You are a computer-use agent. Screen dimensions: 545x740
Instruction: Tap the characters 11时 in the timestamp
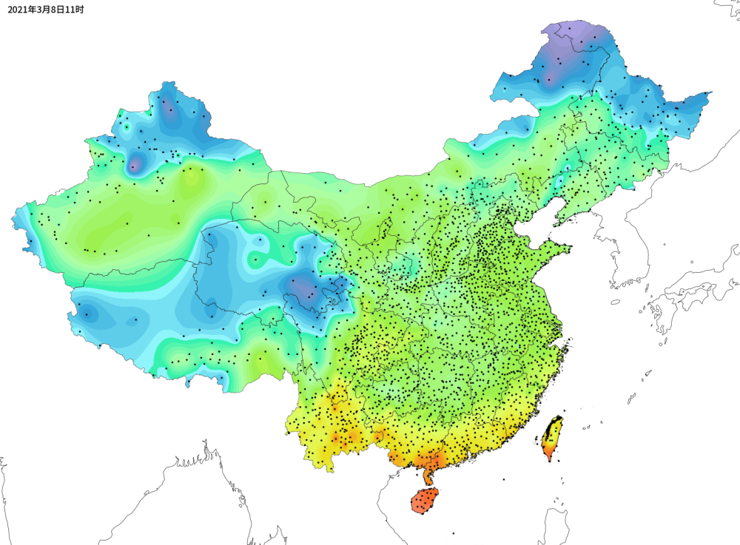74,10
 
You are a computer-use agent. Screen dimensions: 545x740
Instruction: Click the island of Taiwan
552,437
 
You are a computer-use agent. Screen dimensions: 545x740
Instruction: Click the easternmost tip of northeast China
709,95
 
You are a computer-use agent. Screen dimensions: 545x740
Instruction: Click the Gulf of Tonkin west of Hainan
392,492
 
